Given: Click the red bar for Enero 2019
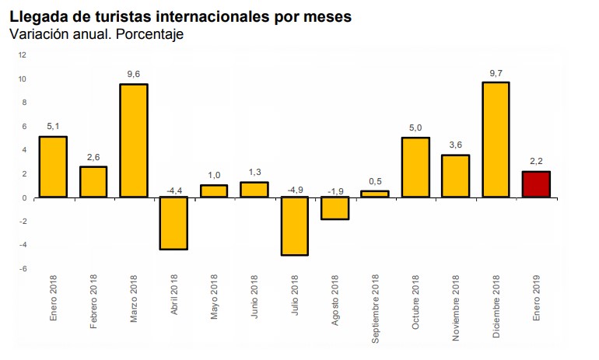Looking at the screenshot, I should tap(536, 184).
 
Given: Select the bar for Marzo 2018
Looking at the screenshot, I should tap(134, 140).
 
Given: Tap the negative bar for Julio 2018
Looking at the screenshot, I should tap(295, 225).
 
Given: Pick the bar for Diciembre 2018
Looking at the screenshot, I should tap(496, 139).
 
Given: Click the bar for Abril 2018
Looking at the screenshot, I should tap(174, 223).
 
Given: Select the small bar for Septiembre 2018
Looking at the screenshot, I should tap(375, 194).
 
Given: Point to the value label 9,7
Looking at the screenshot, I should tap(496, 72).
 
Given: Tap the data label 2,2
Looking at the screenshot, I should tap(536, 161).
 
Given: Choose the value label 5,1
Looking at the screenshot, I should tap(53, 126).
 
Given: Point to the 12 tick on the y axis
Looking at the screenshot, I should tap(23, 55).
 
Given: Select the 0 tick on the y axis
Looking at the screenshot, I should tap(24, 197).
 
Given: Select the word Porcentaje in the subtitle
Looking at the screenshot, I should tap(150, 34).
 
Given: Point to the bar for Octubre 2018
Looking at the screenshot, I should tap(415, 167).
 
